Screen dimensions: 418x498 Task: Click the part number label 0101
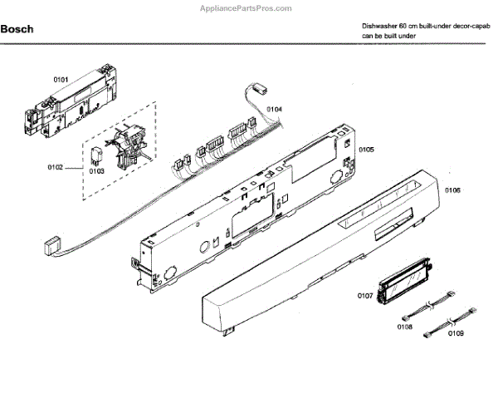(x=61, y=79)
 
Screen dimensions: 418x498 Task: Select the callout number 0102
(x=55, y=168)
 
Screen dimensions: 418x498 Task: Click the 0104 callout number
(x=274, y=109)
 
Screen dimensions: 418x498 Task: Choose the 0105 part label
(x=365, y=150)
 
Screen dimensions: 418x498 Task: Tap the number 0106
(x=453, y=190)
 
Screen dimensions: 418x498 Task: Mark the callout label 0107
(x=365, y=296)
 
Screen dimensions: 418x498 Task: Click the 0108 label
(x=405, y=327)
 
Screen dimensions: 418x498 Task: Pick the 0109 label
(x=456, y=333)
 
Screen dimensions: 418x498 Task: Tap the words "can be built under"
(x=388, y=37)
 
